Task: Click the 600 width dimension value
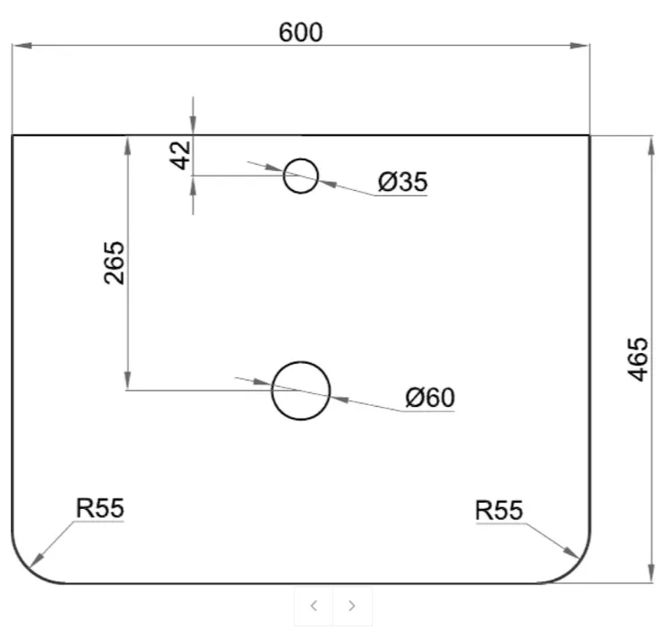pyautogui.click(x=301, y=32)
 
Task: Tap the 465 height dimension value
pyautogui.click(x=638, y=359)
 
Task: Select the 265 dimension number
pyautogui.click(x=114, y=263)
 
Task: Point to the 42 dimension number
pyautogui.click(x=180, y=155)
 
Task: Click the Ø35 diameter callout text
pyautogui.click(x=402, y=182)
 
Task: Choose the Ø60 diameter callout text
pyautogui.click(x=430, y=397)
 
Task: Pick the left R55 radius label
pyautogui.click(x=99, y=508)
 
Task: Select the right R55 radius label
pyautogui.click(x=499, y=510)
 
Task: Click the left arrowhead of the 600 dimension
pyautogui.click(x=22, y=46)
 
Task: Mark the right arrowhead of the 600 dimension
pyautogui.click(x=580, y=46)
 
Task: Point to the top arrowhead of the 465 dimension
pyautogui.click(x=651, y=146)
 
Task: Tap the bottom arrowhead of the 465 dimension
pyautogui.click(x=651, y=573)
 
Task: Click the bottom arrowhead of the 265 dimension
pyautogui.click(x=128, y=380)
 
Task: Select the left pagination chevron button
pyautogui.click(x=314, y=606)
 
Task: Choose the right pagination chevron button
pyautogui.click(x=352, y=606)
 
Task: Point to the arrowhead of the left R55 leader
pyautogui.click(x=37, y=560)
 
